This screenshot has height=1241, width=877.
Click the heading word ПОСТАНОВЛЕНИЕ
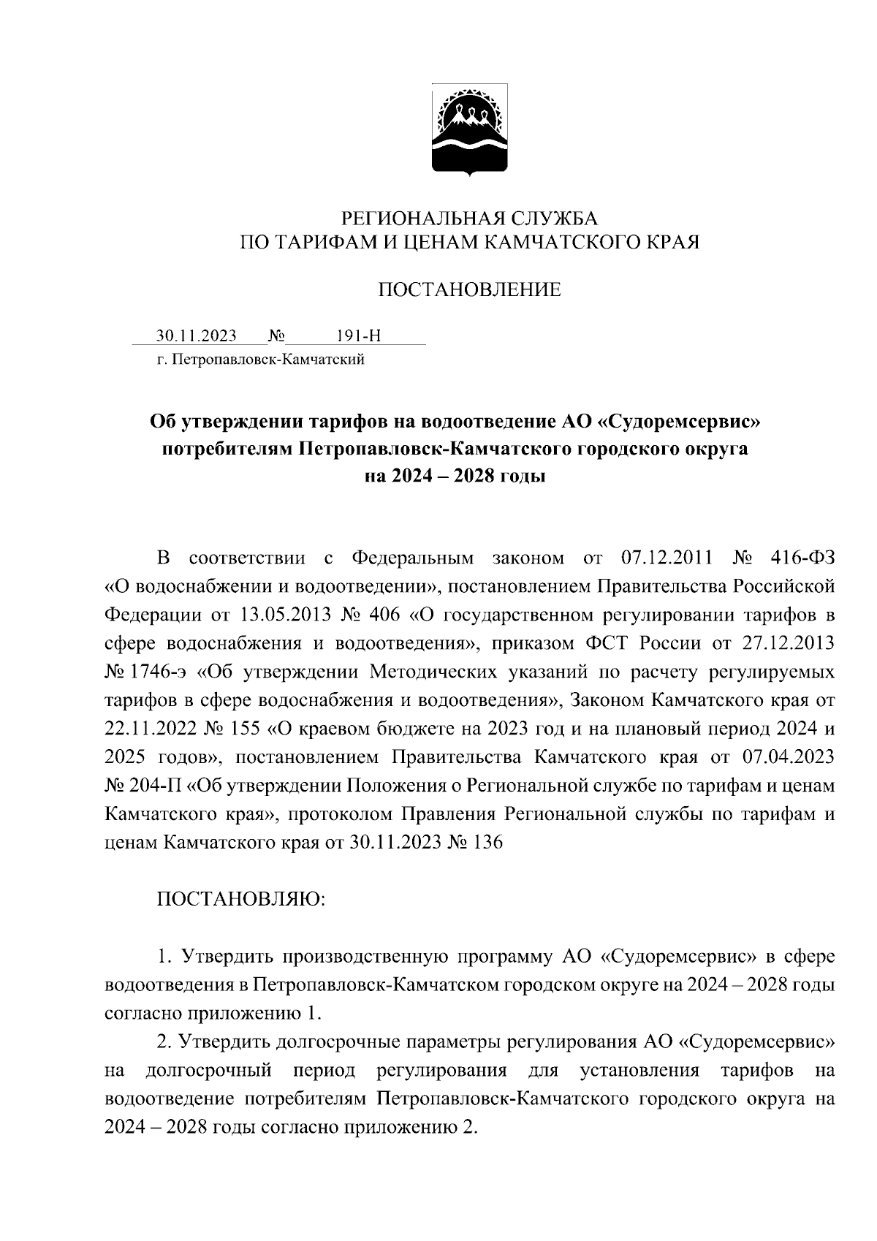[x=469, y=290]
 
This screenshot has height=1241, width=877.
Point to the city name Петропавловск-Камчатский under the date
[x=267, y=360]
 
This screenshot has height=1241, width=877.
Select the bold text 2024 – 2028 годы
[x=455, y=477]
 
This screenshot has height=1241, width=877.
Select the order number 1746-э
[x=164, y=672]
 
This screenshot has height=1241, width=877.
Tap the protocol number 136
[x=488, y=842]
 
